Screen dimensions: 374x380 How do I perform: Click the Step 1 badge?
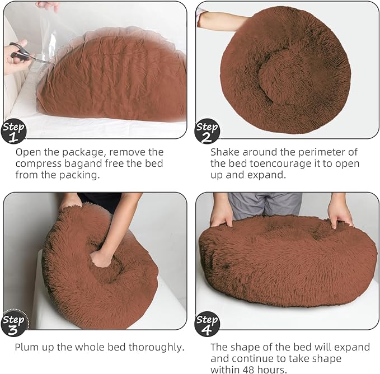(13, 131)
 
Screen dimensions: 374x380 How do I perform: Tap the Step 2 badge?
(207, 131)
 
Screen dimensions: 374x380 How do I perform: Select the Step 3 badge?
(13, 323)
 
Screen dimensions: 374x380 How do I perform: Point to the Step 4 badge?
(207, 323)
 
